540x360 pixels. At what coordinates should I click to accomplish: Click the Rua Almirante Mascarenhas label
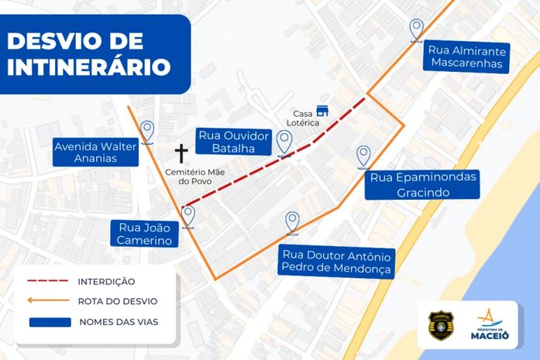467,57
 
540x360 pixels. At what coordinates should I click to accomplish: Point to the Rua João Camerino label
145,234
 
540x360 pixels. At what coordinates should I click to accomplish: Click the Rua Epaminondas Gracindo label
424,184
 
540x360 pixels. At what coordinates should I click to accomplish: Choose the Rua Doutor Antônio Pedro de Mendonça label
337,262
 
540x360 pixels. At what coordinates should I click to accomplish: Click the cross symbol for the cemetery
182,152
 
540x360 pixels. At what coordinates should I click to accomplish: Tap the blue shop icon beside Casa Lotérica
322,110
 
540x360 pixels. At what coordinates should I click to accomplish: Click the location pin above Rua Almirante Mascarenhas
417,29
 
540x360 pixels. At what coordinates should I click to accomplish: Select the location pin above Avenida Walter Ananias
147,131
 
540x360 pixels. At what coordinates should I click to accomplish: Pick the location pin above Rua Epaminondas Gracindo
363,156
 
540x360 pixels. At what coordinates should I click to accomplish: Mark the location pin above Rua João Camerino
187,215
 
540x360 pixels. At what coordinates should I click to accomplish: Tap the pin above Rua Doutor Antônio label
292,222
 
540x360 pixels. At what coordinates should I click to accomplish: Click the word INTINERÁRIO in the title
88,66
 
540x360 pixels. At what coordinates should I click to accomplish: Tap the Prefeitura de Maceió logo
490,324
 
